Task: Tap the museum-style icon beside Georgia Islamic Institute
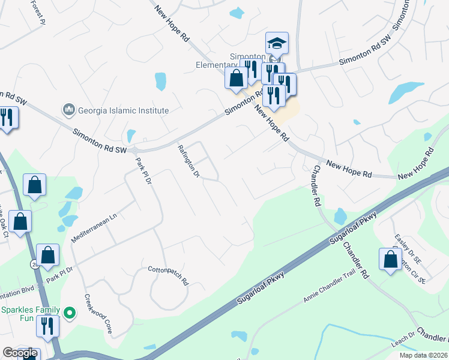(68, 110)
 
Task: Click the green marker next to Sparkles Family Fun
(70, 313)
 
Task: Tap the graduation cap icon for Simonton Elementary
(277, 44)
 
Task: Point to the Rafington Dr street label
(188, 161)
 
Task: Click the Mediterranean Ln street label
(94, 226)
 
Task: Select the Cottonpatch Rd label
(169, 276)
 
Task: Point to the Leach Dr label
(403, 340)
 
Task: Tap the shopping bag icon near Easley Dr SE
(390, 259)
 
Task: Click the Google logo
(20, 353)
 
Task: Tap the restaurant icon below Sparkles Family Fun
(47, 326)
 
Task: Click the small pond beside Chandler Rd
(340, 215)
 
